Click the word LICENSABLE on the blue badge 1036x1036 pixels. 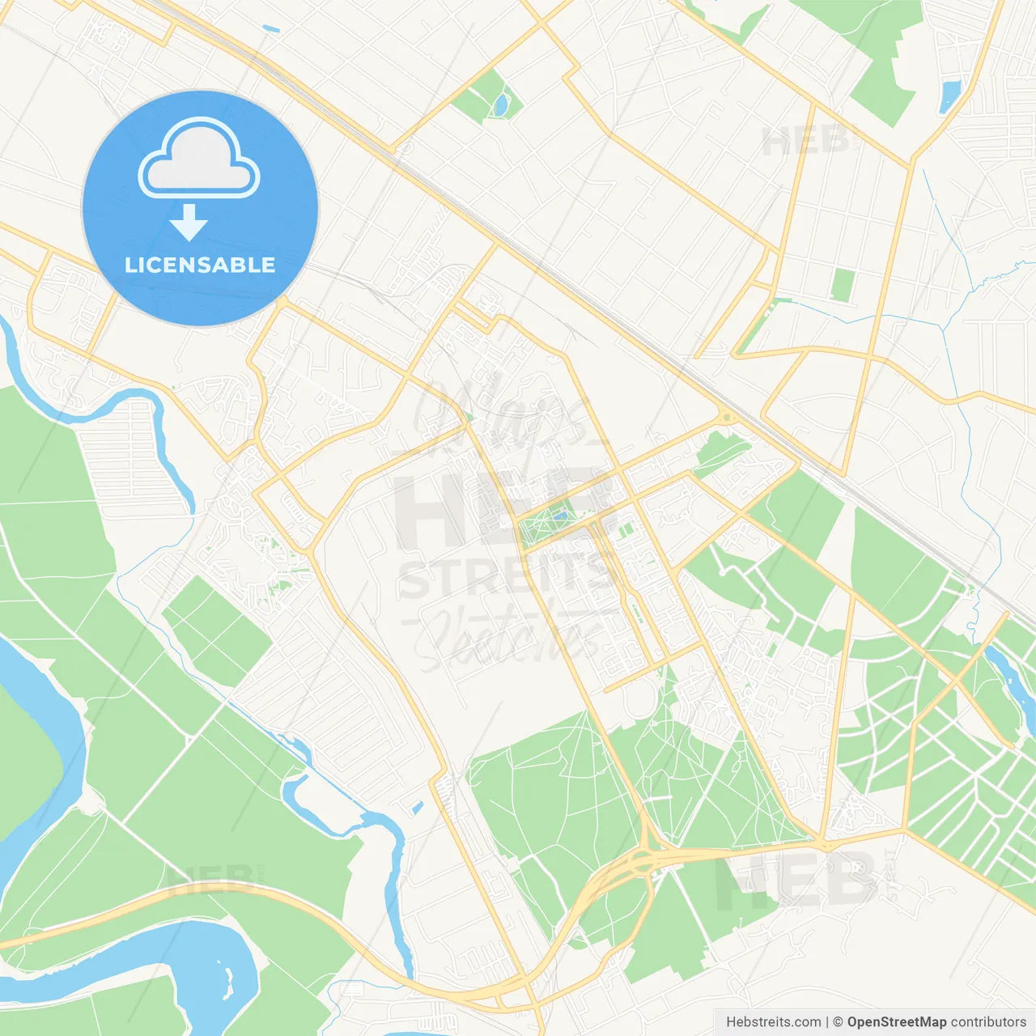[x=200, y=265]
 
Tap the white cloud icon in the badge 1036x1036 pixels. [x=199, y=159]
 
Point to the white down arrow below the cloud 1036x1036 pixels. [x=189, y=223]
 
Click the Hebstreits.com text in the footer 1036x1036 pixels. [x=773, y=1022]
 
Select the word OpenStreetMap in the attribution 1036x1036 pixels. [x=896, y=1022]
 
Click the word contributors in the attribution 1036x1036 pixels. [x=988, y=1022]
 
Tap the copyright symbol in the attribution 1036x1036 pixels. [x=839, y=1022]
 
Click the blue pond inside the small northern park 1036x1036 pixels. [x=502, y=104]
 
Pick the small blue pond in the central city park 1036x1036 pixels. [x=559, y=516]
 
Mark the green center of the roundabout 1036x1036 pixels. [x=726, y=418]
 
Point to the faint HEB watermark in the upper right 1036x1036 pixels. [x=805, y=142]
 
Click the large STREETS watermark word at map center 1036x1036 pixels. [x=506, y=576]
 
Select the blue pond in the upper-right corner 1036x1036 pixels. [x=949, y=96]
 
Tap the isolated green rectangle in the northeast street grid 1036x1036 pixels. [x=843, y=285]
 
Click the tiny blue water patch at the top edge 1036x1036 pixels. [x=270, y=30]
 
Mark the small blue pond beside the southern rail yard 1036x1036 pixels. [x=417, y=807]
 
